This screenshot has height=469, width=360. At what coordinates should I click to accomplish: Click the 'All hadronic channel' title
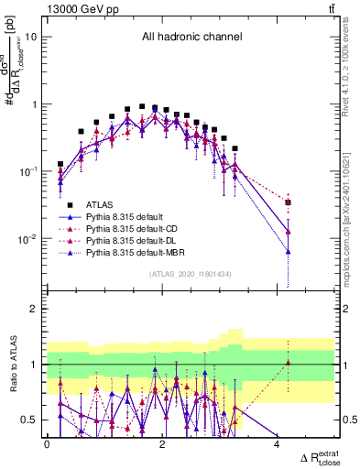(191, 38)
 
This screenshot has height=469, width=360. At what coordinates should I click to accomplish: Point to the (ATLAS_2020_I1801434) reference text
(191, 274)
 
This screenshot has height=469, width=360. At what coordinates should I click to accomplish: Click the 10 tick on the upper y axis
(34, 37)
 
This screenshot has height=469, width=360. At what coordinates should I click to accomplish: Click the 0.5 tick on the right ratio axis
(347, 420)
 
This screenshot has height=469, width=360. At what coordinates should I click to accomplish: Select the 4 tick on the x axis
(277, 444)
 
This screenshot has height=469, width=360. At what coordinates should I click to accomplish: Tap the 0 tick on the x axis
(47, 444)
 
